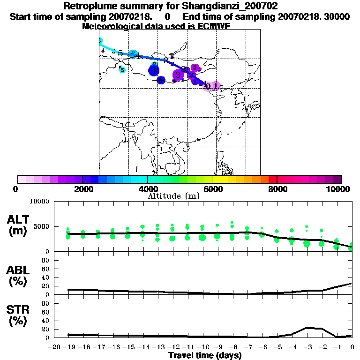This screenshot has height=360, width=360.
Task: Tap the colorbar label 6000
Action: [x=212, y=189]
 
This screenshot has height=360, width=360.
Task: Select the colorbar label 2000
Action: [x=82, y=189]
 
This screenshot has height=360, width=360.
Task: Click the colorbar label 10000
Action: [x=339, y=189]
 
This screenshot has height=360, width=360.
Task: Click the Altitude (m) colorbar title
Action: [x=173, y=196]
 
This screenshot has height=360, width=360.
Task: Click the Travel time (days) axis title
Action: [x=205, y=356]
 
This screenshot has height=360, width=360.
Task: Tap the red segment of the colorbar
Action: [x=272, y=179]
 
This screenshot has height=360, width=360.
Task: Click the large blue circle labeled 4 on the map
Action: [x=154, y=71]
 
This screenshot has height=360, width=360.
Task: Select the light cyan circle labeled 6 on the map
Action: [x=122, y=70]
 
